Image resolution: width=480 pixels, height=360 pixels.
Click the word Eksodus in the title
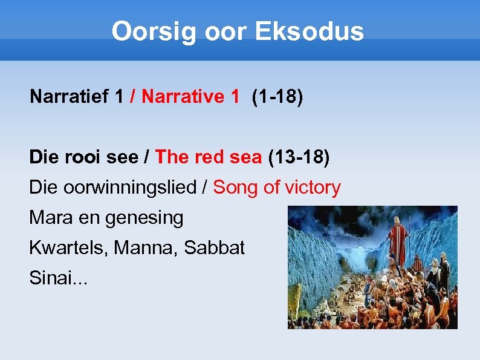pyautogui.click(x=309, y=31)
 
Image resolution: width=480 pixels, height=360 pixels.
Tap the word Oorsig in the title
pyautogui.click(x=154, y=31)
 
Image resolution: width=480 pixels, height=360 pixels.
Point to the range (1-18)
pyautogui.click(x=277, y=96)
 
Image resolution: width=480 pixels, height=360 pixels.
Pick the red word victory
pyautogui.click(x=313, y=188)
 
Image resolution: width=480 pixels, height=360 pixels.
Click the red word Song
pyautogui.click(x=236, y=188)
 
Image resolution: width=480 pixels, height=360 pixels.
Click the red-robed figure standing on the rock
pyautogui.click(x=398, y=239)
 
